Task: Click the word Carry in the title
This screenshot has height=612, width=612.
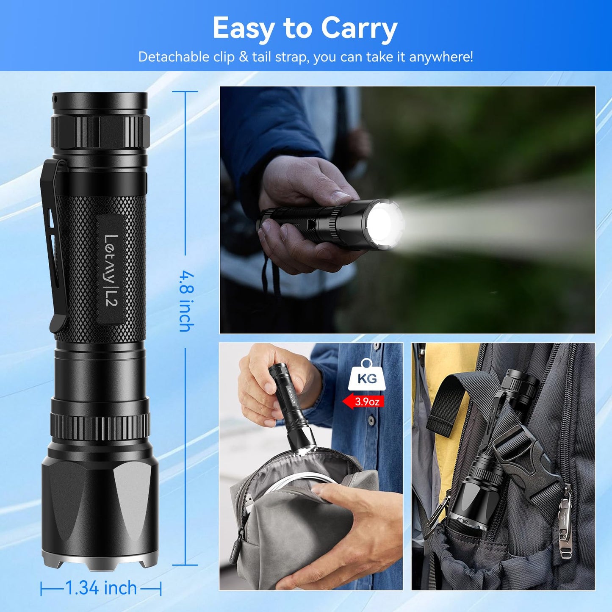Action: pyautogui.click(x=359, y=29)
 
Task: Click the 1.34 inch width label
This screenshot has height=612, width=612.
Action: pyautogui.click(x=101, y=588)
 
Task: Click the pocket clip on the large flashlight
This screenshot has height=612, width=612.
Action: pyautogui.click(x=54, y=246)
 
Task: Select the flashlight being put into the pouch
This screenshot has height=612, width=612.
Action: pyautogui.click(x=292, y=407)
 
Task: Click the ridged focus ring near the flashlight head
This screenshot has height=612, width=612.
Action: pyautogui.click(x=100, y=426)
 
